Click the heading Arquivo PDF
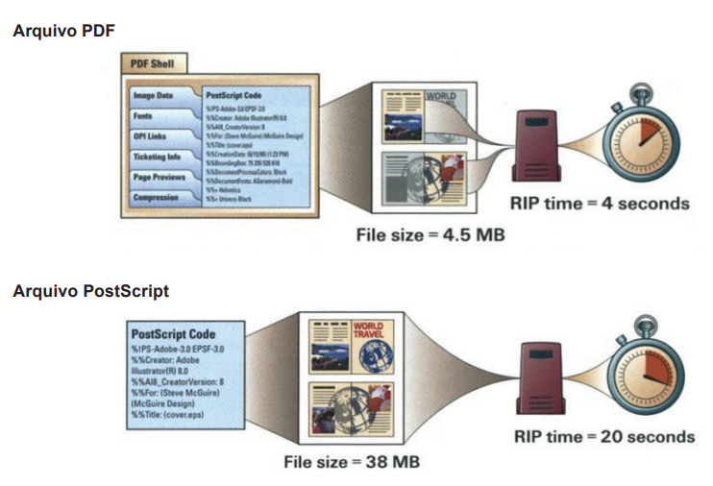(63, 31)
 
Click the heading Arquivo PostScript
(91, 291)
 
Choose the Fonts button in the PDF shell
(144, 116)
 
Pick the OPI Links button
(151, 136)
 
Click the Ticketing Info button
(158, 158)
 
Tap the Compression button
(157, 198)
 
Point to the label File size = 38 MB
(352, 462)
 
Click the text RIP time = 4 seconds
(599, 203)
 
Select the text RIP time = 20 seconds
(603, 436)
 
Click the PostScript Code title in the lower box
(174, 334)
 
